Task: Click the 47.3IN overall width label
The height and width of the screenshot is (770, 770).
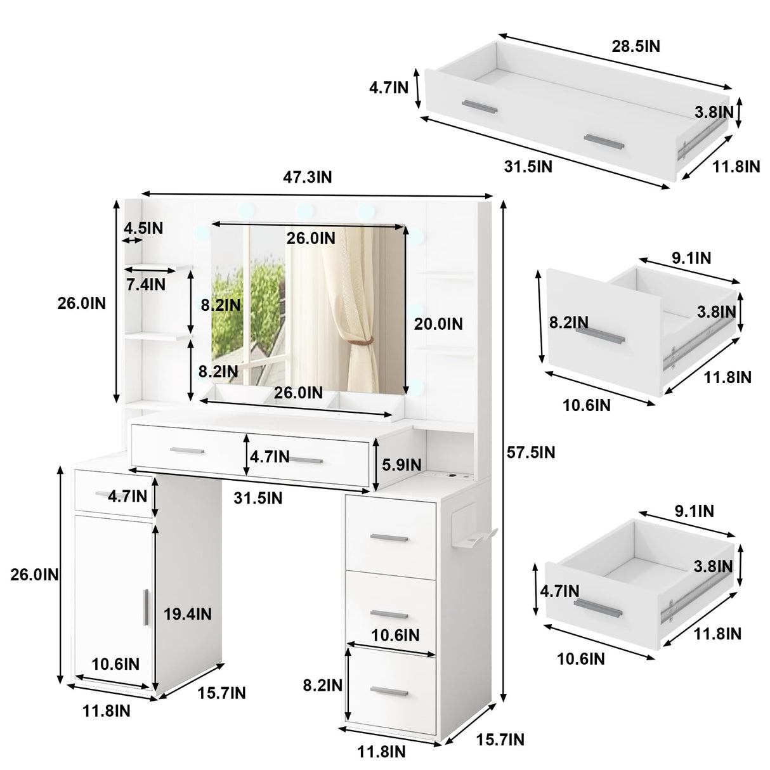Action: point(307,177)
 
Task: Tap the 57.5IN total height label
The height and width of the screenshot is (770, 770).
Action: point(531,452)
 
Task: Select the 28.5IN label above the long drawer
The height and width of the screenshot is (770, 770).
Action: point(636,46)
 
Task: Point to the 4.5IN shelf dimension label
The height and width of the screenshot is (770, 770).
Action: point(143,228)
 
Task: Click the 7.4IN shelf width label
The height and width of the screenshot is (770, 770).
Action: point(146,285)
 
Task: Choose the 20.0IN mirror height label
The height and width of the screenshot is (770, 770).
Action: point(438,324)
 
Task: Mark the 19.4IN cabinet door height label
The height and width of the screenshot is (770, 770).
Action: point(188,614)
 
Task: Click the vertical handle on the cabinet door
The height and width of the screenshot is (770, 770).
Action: point(145,608)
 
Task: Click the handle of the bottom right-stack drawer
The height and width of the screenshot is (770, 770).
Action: point(389,691)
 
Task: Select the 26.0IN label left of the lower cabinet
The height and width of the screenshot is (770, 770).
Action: point(34,575)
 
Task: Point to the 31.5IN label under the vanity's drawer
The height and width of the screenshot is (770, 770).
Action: point(258,498)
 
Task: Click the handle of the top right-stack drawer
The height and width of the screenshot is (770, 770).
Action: point(389,538)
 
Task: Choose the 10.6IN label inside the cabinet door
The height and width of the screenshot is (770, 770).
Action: point(115,664)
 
